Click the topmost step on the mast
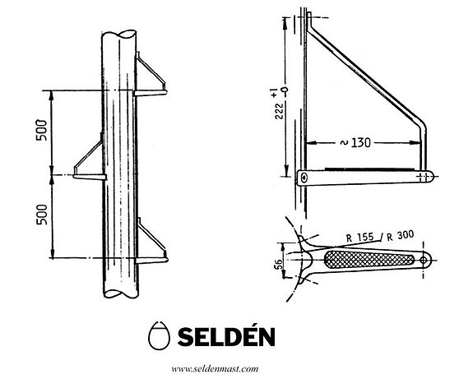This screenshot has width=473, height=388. coord(152,78)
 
